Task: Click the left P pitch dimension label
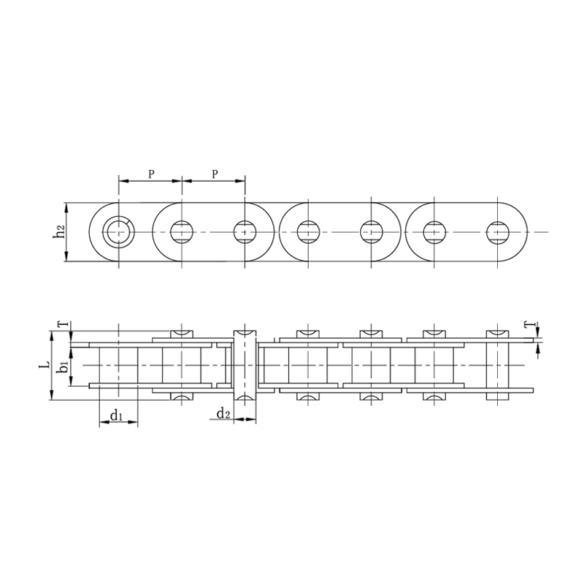click(x=150, y=174)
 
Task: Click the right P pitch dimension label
click(x=214, y=174)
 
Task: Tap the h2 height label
click(x=59, y=232)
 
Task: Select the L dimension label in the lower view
click(x=45, y=364)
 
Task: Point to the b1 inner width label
click(x=64, y=364)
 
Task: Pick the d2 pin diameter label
click(x=223, y=415)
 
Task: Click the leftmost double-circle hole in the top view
click(x=118, y=232)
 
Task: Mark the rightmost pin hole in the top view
click(x=499, y=232)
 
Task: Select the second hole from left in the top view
click(x=181, y=232)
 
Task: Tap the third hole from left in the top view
click(x=245, y=232)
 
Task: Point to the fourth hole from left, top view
click(x=308, y=232)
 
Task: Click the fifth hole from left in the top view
click(x=372, y=232)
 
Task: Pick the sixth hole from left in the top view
click(x=435, y=232)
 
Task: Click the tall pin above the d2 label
click(x=245, y=364)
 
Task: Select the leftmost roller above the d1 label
click(x=118, y=364)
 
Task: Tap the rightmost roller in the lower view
click(x=499, y=364)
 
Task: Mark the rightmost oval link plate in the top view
click(x=467, y=232)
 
